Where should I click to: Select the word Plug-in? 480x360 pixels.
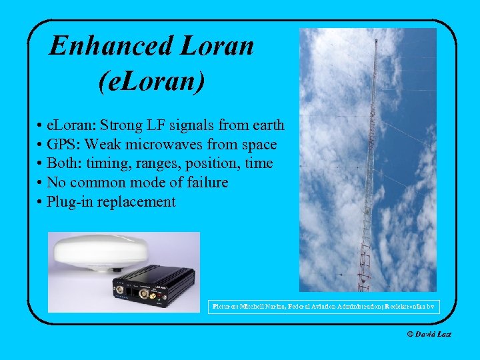[x=70, y=202]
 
